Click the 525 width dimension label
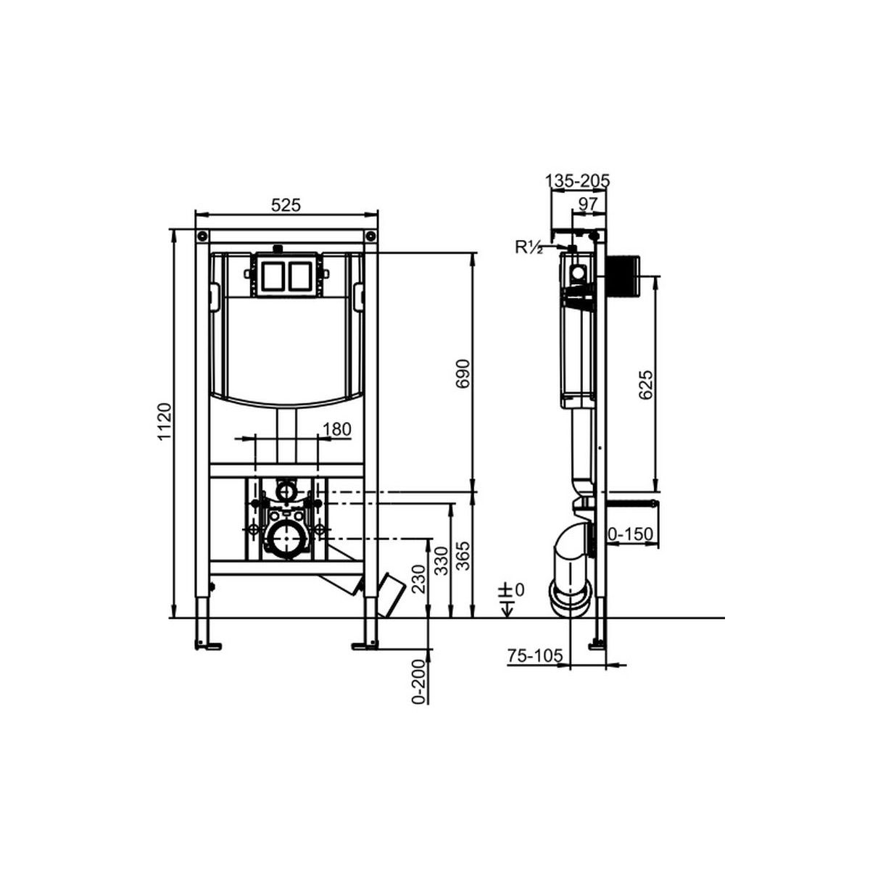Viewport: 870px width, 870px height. [x=286, y=205]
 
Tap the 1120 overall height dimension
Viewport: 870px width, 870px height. [x=165, y=422]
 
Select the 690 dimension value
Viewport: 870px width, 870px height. [x=463, y=373]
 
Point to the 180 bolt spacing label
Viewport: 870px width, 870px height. [x=337, y=428]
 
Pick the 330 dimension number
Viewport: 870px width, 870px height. [x=442, y=560]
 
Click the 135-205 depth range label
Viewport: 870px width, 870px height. [x=577, y=181]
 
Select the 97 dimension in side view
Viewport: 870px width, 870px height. [x=587, y=204]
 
